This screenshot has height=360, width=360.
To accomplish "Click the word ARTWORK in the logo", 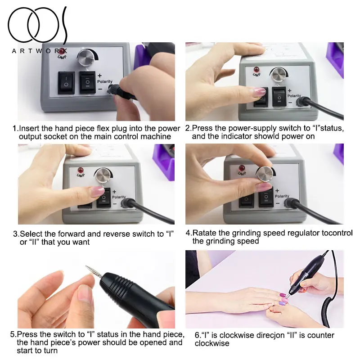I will (x=40, y=51).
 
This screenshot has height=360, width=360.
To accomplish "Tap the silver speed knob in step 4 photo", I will (x=264, y=174).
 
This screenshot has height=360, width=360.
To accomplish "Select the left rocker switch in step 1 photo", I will (x=66, y=83).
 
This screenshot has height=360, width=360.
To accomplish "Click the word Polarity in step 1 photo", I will (x=105, y=81).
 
